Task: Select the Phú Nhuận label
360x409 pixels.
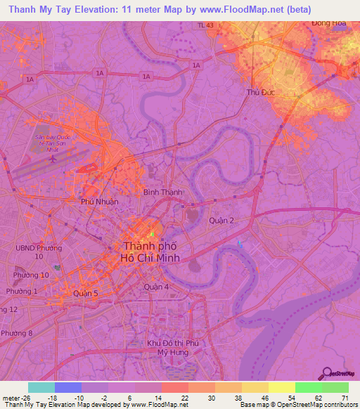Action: [x=99, y=202]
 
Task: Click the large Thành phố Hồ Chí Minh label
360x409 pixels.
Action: [x=151, y=252]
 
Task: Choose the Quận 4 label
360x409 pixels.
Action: [x=156, y=287]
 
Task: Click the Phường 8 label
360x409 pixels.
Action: [x=16, y=333]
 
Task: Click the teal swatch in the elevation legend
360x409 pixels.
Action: [x=41, y=387]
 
